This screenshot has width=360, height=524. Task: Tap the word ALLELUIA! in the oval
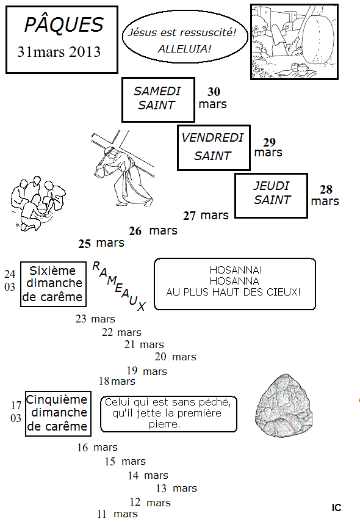tap(184, 49)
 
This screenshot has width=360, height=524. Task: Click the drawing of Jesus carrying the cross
tap(123, 169)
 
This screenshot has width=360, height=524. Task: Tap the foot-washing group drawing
tap(37, 203)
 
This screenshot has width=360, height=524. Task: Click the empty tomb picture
tap(294, 42)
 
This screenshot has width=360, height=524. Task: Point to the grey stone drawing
tap(284, 406)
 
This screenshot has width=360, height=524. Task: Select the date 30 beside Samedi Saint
tap(214, 92)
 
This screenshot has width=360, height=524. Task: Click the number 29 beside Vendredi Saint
tap(269, 142)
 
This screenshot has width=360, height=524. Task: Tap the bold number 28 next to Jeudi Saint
tap(326, 189)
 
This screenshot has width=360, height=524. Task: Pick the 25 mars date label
tap(101, 243)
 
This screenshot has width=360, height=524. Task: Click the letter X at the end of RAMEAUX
tap(142, 307)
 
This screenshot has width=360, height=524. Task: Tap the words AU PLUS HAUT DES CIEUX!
tap(233, 292)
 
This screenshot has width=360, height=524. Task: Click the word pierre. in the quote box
tap(164, 424)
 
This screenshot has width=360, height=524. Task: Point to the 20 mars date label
tap(175, 357)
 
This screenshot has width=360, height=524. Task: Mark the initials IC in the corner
tap(336, 508)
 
